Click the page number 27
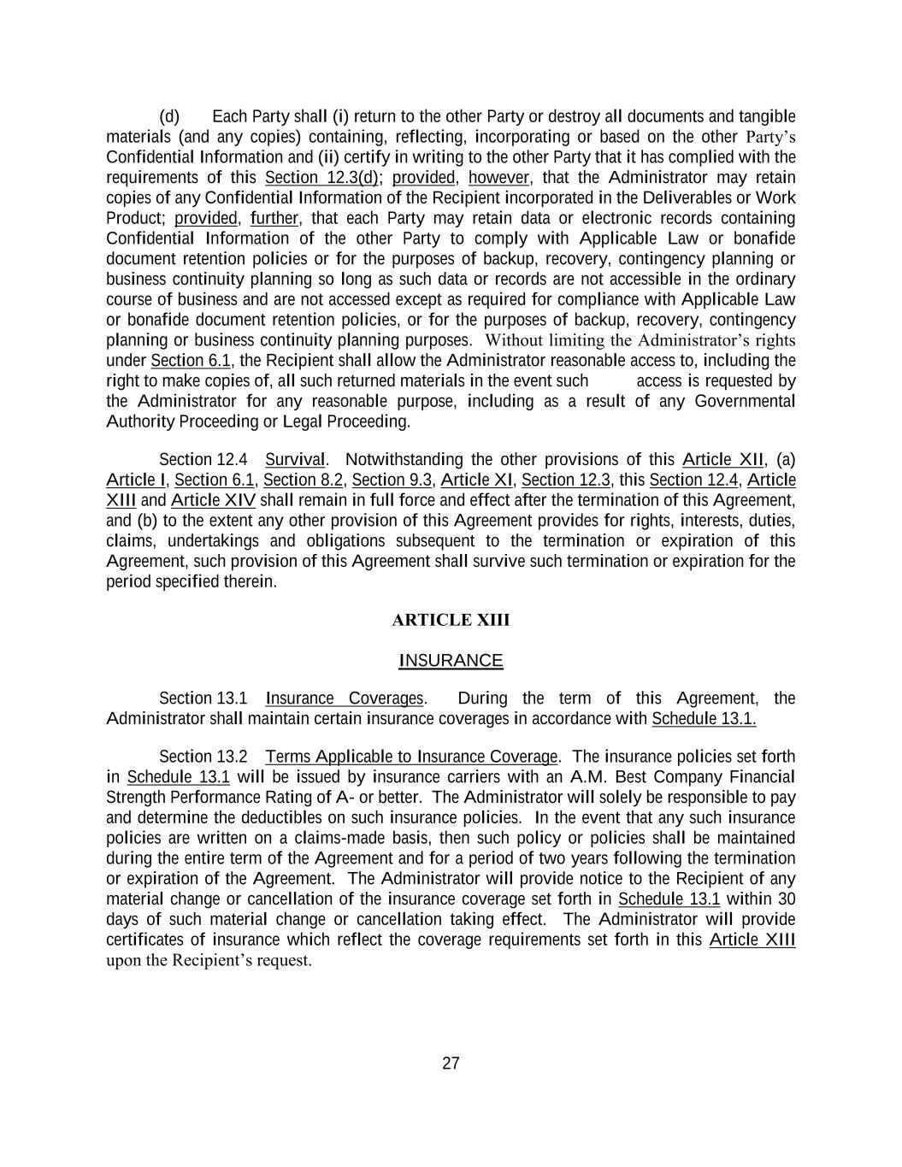click(451, 1064)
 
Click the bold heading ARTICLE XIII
click(451, 620)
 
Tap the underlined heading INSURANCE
click(451, 661)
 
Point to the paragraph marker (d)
click(169, 116)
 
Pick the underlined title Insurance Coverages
click(345, 698)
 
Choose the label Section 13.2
click(203, 757)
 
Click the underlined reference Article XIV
click(213, 501)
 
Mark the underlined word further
click(274, 218)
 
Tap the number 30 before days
click(787, 899)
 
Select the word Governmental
click(745, 402)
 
